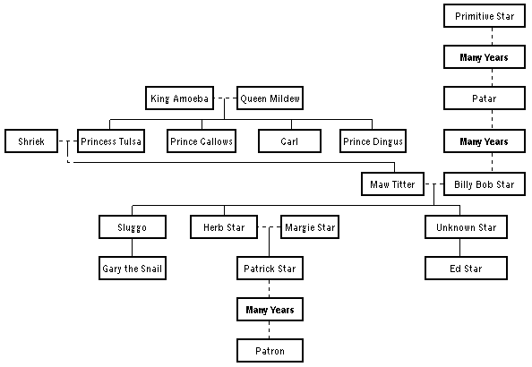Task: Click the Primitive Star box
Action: coord(484,16)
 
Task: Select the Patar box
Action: coord(484,98)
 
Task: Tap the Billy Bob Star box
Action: coord(484,183)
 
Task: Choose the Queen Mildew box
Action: coord(270,98)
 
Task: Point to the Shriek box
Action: coord(31,141)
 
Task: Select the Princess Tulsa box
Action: coord(111,141)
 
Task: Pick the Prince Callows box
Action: coord(201,141)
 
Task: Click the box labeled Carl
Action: coord(289,141)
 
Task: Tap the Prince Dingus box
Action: coord(373,141)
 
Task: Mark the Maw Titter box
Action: coord(393,184)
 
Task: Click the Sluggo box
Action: coord(132,227)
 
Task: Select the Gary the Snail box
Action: coord(132,268)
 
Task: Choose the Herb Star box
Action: coord(224,227)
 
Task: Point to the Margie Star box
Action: coord(310,227)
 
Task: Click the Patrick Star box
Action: coord(270,268)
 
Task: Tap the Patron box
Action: coord(270,351)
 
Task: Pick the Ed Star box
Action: coord(466,268)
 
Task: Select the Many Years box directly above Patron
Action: coord(270,310)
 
